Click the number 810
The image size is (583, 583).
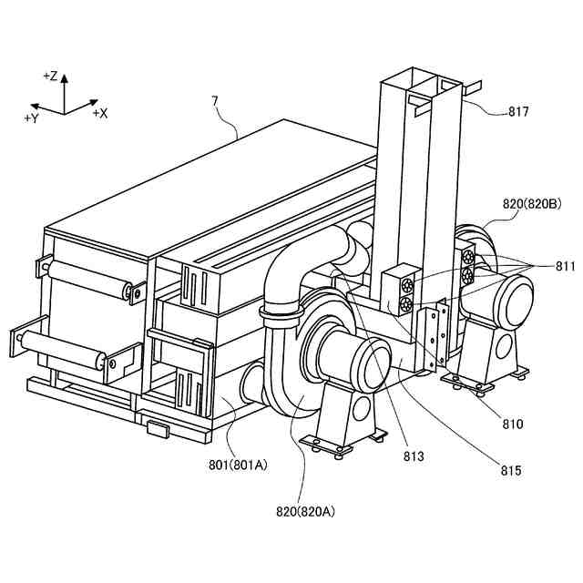(x=512, y=424)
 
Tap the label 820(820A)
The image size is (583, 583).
(x=303, y=511)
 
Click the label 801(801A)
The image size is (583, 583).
(x=238, y=465)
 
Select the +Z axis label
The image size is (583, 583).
(x=50, y=76)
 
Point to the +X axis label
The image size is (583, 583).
(x=99, y=113)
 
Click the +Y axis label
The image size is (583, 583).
(x=31, y=118)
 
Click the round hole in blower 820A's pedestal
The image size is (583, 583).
(x=362, y=405)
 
